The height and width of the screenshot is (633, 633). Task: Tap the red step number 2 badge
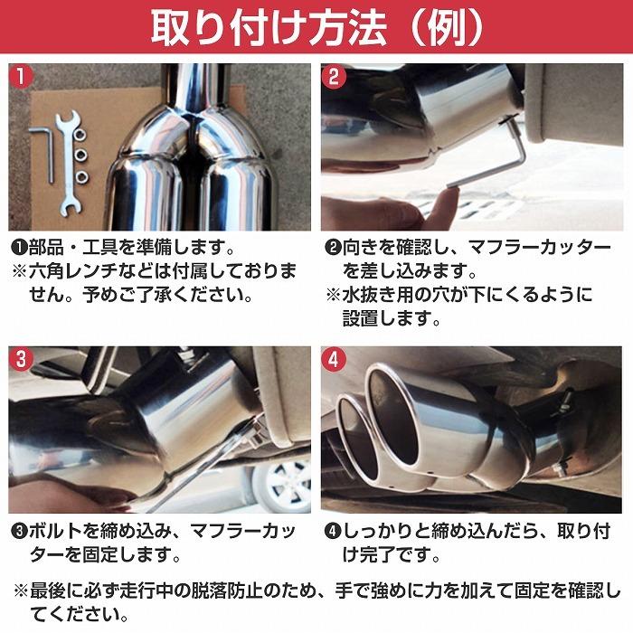(334, 77)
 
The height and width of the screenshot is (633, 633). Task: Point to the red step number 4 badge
(334, 358)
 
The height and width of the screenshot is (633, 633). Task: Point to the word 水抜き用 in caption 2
(375, 295)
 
